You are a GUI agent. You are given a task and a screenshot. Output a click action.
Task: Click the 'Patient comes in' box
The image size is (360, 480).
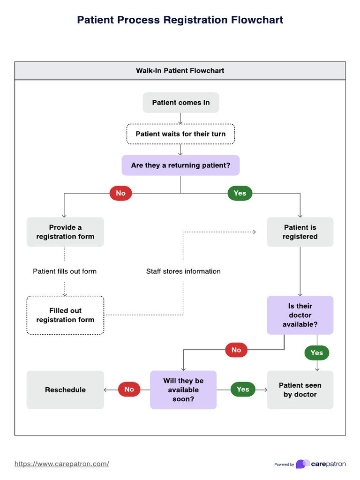point(180,103)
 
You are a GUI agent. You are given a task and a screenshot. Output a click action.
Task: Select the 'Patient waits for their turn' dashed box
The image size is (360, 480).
point(180,134)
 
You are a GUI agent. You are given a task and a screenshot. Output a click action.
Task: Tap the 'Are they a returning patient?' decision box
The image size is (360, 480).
point(180,165)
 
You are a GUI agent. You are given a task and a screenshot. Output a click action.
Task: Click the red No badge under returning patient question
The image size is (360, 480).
point(120,193)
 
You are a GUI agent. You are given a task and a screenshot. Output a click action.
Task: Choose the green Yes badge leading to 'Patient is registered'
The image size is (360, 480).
point(240,193)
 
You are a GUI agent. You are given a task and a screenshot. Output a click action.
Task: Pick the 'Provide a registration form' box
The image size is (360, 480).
point(65,232)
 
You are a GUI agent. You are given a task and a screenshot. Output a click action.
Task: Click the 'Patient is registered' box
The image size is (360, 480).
point(300,232)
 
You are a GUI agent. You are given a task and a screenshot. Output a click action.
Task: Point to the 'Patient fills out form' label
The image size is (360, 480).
point(65,271)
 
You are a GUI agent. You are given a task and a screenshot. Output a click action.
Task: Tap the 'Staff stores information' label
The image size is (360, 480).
point(183,271)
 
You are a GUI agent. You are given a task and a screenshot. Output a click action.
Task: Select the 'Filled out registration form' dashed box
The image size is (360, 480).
point(65,315)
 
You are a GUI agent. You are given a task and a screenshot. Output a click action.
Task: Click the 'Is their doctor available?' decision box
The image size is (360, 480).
point(300,315)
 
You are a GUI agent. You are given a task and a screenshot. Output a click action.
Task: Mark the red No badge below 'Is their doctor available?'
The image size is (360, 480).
point(236,350)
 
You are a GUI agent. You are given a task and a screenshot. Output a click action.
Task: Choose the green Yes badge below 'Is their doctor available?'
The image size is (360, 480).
point(317,352)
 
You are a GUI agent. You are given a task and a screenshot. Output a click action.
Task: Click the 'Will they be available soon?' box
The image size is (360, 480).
point(183,390)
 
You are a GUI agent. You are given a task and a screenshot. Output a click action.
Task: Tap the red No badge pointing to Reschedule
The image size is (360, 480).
point(129,390)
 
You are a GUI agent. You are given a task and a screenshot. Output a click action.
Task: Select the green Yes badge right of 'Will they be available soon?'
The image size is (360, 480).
point(243,390)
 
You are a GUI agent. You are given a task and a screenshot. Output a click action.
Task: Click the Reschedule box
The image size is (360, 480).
point(65,390)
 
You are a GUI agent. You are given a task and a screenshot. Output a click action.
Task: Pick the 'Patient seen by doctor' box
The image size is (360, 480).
point(300,390)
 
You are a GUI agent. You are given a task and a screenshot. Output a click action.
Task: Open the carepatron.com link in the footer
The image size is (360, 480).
point(62,464)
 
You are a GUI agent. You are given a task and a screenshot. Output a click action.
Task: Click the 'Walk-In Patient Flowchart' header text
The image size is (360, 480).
point(180,71)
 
